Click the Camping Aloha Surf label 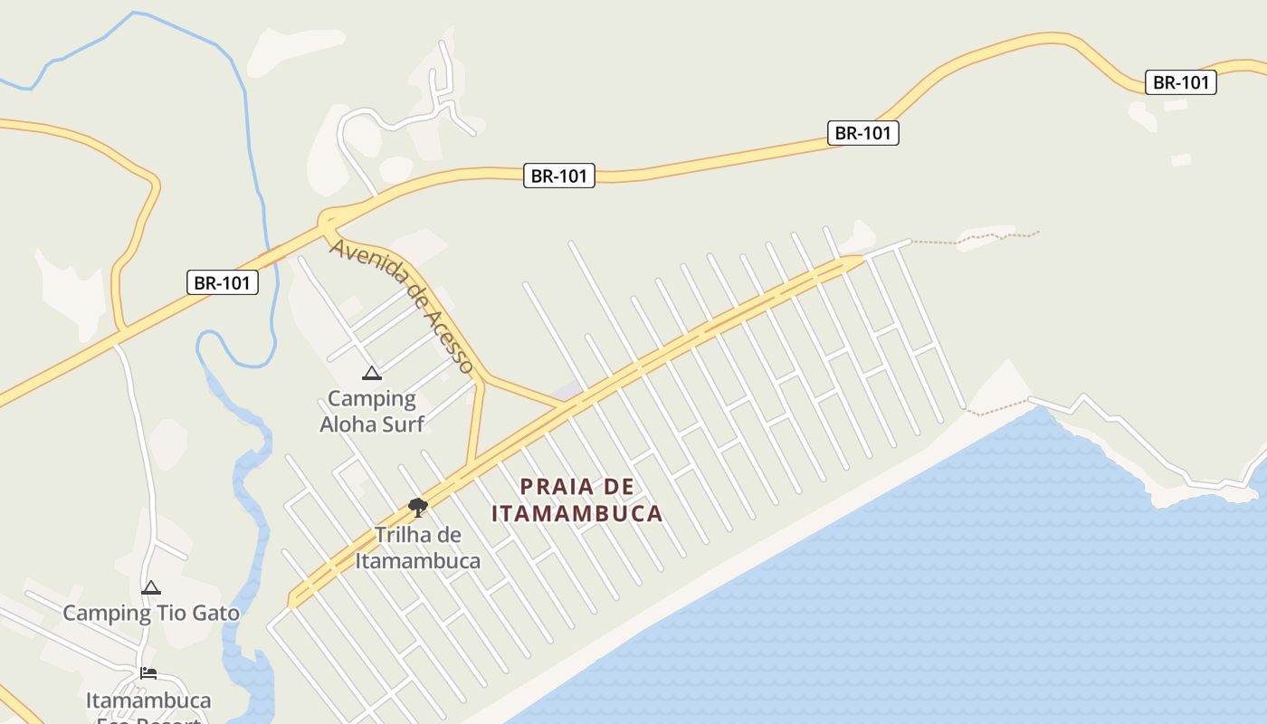(x=372, y=411)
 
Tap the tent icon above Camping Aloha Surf (x=371, y=373)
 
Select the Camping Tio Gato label (x=151, y=613)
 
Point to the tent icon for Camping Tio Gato (x=151, y=588)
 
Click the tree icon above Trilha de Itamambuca (x=417, y=507)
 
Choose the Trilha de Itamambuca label (x=417, y=548)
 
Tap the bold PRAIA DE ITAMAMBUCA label (x=577, y=500)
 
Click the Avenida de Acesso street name (x=402, y=305)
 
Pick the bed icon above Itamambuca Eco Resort (x=148, y=673)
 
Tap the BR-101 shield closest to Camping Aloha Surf (x=223, y=282)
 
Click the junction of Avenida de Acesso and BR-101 (x=326, y=220)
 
